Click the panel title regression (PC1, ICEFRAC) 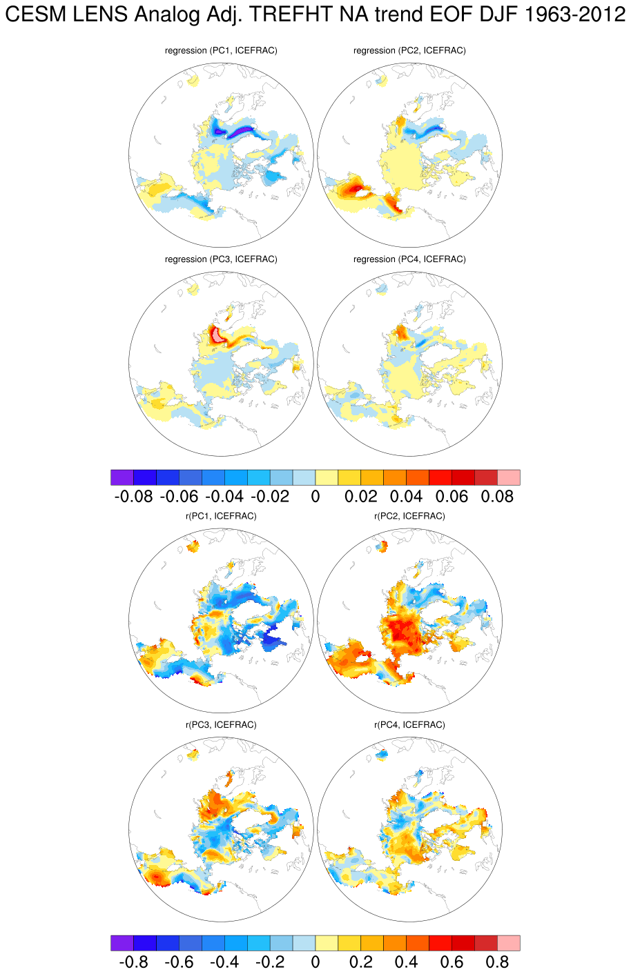coord(221,50)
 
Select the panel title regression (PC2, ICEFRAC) coord(409,50)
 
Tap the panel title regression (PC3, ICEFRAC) coord(221,259)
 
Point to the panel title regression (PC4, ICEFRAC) coord(409,259)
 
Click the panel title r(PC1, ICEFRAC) coord(221,516)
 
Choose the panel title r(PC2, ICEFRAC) coord(409,516)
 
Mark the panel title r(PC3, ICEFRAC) coord(221,725)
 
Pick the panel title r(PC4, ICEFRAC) coord(409,725)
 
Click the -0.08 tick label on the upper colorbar coord(133,497)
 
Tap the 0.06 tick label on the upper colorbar coord(452,497)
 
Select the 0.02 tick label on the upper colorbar coord(361,497)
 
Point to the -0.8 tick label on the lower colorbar coord(133,962)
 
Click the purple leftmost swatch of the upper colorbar coord(122,477)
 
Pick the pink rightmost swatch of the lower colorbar coord(509,943)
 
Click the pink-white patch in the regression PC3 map coord(217,335)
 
